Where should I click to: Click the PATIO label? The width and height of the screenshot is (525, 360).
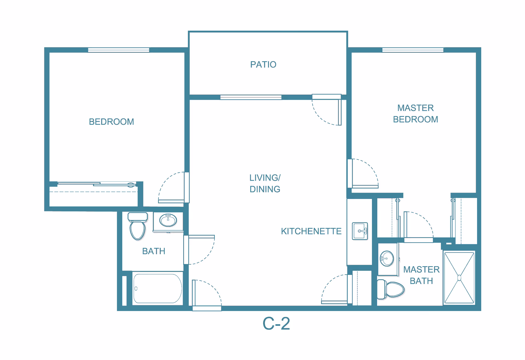[263, 65]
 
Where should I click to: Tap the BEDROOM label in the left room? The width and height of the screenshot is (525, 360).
[111, 122]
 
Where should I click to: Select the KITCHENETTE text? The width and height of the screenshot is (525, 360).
[311, 231]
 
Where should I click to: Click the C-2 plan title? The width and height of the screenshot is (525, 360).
[276, 324]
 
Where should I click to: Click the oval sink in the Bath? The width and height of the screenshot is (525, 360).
[168, 220]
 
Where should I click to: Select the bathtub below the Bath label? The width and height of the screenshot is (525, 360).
[157, 289]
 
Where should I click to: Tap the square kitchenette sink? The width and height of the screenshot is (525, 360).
[360, 231]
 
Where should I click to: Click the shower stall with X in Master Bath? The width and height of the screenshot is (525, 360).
[459, 278]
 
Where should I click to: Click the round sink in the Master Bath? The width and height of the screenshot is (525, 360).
[387, 258]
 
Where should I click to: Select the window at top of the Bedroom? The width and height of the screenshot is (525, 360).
[118, 50]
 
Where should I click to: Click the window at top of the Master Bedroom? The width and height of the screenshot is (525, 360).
[413, 50]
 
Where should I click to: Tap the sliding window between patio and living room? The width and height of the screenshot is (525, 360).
[251, 97]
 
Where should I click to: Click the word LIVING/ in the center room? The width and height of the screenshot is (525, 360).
[265, 178]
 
